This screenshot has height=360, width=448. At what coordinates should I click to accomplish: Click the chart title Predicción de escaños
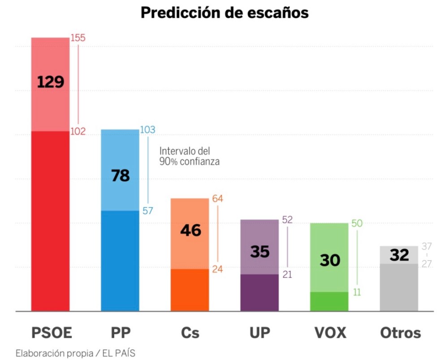tap(224, 13)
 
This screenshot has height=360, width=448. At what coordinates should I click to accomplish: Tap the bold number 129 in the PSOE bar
tap(50, 82)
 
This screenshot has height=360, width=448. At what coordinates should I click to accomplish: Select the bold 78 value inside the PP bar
tap(120, 175)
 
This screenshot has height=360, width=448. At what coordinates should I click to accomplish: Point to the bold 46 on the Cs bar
tap(190, 230)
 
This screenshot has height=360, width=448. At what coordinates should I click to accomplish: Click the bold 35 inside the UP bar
tap(259, 252)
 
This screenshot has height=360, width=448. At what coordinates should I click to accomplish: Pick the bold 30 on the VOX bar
tap(329, 260)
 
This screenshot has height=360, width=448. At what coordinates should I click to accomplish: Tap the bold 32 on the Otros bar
tap(399, 255)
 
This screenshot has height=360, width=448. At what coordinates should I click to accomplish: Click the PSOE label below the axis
tap(52, 333)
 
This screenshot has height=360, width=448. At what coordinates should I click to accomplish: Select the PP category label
tap(121, 333)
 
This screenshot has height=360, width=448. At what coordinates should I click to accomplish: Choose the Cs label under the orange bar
tap(190, 333)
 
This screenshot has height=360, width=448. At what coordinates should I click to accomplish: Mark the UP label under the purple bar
tap(260, 333)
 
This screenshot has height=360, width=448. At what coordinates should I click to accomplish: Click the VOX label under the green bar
tap(330, 333)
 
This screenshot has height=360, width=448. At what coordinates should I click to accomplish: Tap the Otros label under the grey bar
tap(400, 333)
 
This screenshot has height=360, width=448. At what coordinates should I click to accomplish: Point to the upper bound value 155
tap(78, 38)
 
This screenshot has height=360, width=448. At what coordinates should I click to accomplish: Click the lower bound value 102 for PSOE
tap(78, 132)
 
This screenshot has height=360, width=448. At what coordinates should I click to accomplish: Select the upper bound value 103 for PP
tap(147, 130)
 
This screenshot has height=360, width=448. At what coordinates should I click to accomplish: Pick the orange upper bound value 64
tap(217, 198)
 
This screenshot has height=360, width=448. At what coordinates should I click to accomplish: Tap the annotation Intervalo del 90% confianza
tap(189, 157)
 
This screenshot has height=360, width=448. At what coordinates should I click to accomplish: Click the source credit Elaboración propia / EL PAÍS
tap(75, 353)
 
